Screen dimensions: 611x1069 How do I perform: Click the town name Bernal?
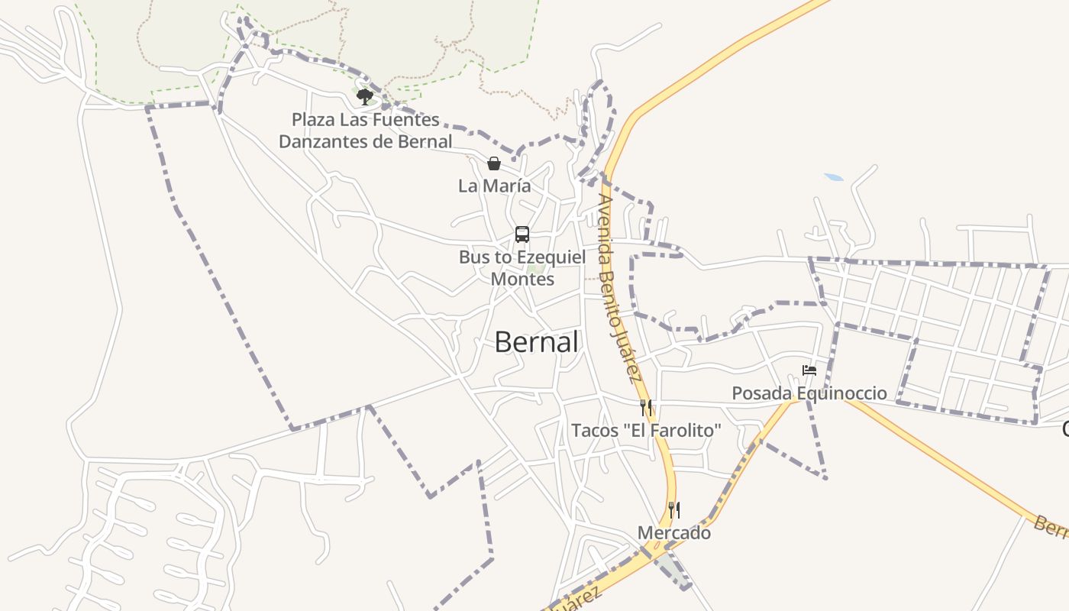coord(536,342)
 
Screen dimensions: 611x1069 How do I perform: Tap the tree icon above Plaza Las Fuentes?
coord(365,96)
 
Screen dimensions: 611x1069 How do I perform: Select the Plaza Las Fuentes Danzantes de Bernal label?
coord(365,131)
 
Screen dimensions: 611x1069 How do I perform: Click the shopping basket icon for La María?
coord(494,163)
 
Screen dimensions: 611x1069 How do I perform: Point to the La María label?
coord(494,186)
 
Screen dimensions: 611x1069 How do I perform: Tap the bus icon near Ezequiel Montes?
coord(522,234)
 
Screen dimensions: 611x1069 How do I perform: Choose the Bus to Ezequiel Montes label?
coord(522,268)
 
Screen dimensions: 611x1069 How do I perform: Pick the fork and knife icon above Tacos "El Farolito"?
coord(646,408)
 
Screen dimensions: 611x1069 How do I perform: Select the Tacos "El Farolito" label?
coord(646,431)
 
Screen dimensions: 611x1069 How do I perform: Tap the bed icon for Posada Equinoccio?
coord(809,371)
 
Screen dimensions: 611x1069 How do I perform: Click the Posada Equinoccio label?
coord(809,393)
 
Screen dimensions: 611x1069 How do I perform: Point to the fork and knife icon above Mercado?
coord(674,509)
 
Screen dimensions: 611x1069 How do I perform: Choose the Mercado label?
coord(674,533)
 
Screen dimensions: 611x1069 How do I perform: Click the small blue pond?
coord(834,177)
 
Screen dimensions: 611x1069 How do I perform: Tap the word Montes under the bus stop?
coord(522,279)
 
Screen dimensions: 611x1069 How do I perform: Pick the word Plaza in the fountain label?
coord(312,120)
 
